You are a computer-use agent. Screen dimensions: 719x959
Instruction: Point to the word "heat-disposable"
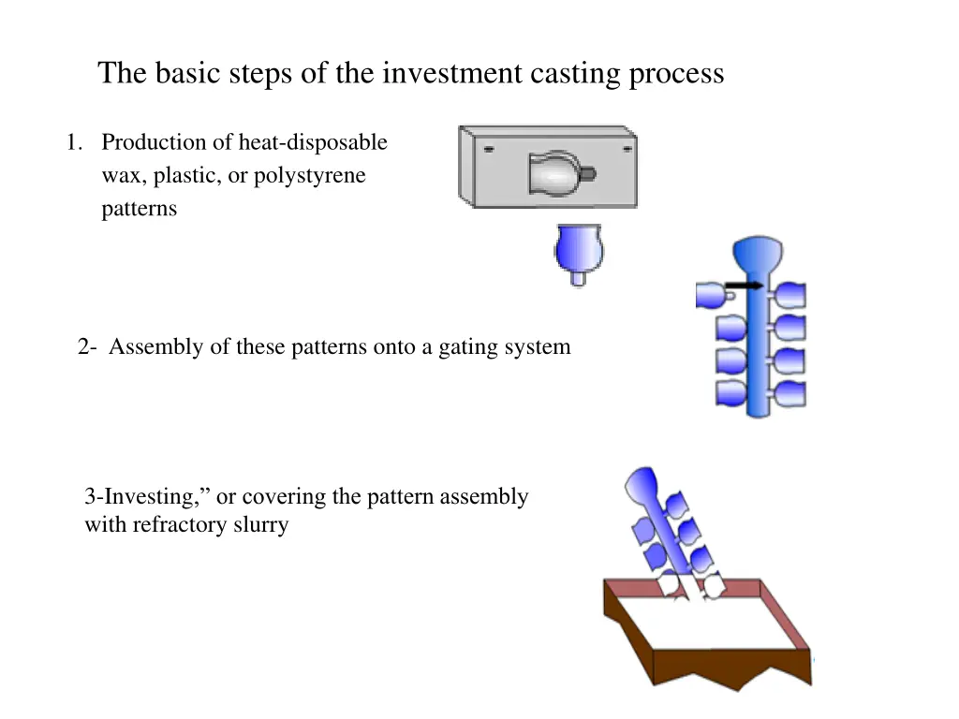point(312,142)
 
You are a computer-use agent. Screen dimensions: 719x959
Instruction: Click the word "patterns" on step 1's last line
point(139,209)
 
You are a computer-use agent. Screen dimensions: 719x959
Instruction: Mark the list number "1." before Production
point(74,142)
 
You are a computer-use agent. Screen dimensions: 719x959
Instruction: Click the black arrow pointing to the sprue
point(745,285)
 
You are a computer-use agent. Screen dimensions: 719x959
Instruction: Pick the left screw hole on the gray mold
point(489,148)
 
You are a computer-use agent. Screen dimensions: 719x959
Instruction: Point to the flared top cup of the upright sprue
point(759,253)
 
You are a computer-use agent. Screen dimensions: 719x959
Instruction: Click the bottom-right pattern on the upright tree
point(789,393)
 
